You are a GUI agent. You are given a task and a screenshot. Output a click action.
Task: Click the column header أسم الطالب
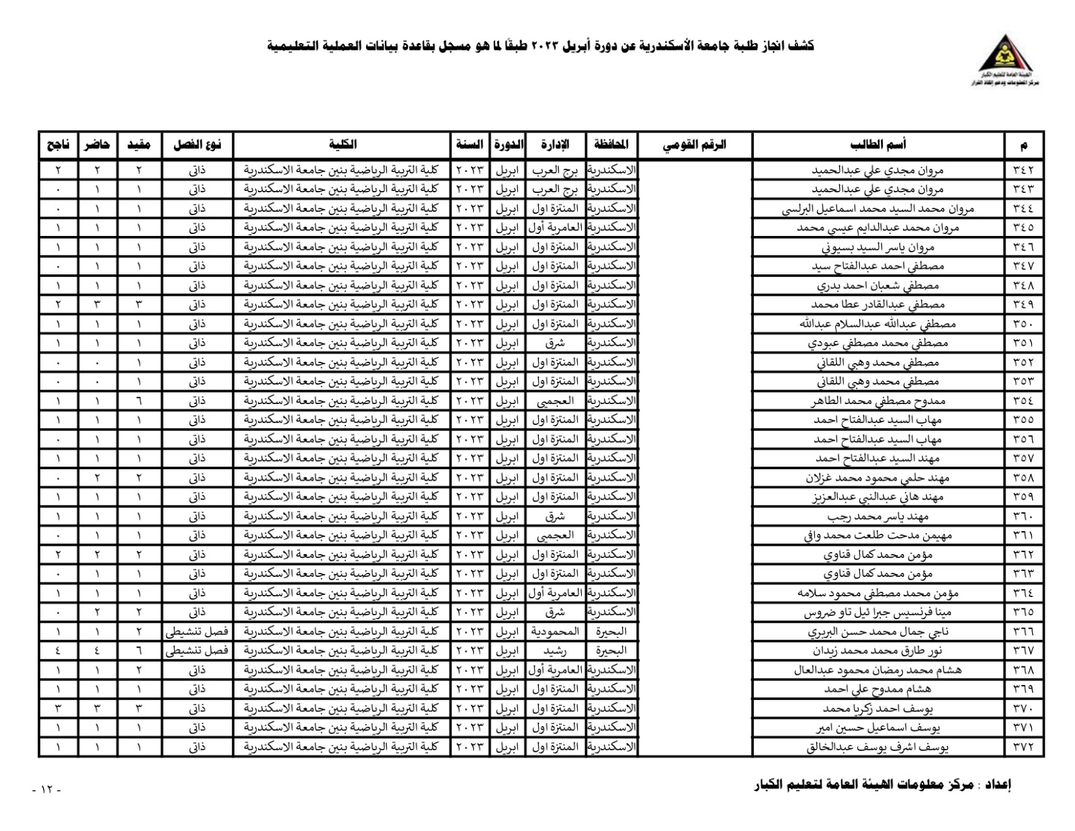pyautogui.click(x=878, y=145)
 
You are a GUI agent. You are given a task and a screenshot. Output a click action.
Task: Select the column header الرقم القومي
pyautogui.click(x=695, y=145)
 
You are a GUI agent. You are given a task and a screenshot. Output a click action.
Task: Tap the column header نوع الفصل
pyautogui.click(x=198, y=145)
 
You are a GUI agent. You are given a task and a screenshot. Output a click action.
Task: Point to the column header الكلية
pyautogui.click(x=342, y=145)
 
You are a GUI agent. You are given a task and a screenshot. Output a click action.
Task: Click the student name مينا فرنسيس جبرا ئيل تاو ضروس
pyautogui.click(x=877, y=612)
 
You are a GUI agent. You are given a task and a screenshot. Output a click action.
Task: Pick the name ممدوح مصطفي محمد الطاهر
pyautogui.click(x=877, y=401)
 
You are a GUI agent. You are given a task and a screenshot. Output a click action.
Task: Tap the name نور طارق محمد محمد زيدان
pyautogui.click(x=877, y=651)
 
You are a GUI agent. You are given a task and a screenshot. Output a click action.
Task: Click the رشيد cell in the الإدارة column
pyautogui.click(x=556, y=651)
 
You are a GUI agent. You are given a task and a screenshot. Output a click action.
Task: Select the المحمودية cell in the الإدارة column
pyautogui.click(x=556, y=632)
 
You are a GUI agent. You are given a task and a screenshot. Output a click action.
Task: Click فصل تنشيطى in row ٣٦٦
pyautogui.click(x=198, y=632)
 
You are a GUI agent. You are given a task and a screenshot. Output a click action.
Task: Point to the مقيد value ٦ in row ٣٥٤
pyautogui.click(x=139, y=401)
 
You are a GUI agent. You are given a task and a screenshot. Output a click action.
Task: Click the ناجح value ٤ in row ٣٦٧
pyautogui.click(x=58, y=651)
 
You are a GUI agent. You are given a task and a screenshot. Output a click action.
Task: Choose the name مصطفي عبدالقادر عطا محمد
pyautogui.click(x=877, y=305)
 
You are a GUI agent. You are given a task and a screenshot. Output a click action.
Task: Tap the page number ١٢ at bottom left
pyautogui.click(x=46, y=789)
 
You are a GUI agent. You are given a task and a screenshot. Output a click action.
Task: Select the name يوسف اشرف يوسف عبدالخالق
pyautogui.click(x=877, y=747)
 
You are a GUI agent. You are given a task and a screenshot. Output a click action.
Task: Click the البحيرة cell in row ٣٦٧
pyautogui.click(x=611, y=651)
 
